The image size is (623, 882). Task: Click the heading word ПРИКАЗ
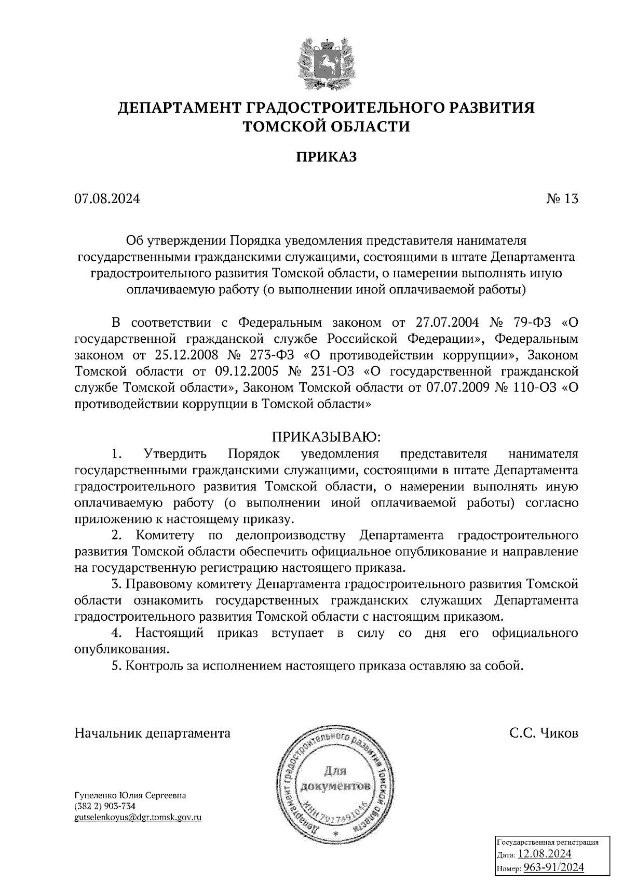coord(327,157)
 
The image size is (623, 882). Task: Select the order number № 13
coord(562,199)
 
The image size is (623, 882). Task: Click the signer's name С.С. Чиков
coord(544,733)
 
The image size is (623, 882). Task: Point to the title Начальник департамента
coord(153,733)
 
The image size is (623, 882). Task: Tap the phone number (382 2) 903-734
coord(105,806)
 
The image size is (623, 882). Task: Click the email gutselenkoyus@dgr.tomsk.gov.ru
coord(138,817)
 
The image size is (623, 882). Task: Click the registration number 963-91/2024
coord(553,867)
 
